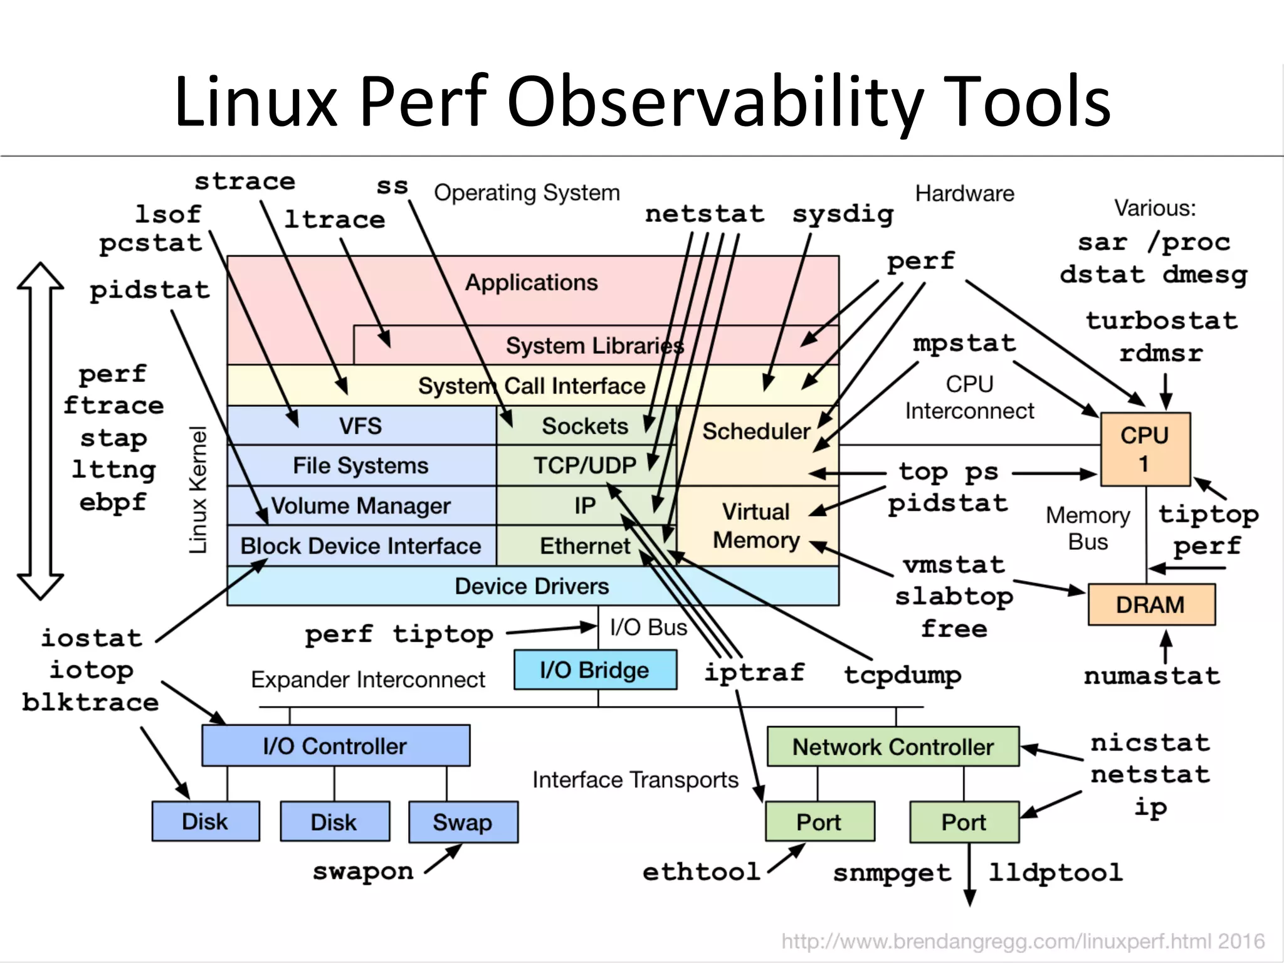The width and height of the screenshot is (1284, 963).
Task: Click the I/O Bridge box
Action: tap(594, 670)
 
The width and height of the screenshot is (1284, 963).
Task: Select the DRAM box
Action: tap(1150, 605)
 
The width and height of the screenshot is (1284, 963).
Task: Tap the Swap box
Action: tap(463, 822)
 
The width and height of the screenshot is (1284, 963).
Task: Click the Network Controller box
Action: tap(893, 747)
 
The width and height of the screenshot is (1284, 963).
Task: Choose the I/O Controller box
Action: tap(335, 746)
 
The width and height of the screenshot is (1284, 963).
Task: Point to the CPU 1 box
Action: tap(1145, 449)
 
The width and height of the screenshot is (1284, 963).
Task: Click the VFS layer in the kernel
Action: tap(360, 426)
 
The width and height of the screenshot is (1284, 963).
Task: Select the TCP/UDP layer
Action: tap(584, 465)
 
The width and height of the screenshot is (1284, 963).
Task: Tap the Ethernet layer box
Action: tap(584, 546)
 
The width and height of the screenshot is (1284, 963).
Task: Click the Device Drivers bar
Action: tap(532, 586)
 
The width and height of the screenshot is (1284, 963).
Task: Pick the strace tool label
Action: tap(245, 182)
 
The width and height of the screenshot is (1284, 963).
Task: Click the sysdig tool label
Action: tap(843, 214)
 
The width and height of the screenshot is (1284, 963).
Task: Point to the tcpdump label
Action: tap(902, 675)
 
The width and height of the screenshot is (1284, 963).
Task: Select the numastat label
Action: tap(1152, 676)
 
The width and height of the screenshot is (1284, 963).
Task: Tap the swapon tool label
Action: tap(363, 871)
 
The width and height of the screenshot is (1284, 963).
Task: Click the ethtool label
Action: tap(701, 872)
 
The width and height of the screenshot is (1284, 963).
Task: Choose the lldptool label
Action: tap(1056, 873)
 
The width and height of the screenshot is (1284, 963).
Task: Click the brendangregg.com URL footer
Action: tap(1023, 941)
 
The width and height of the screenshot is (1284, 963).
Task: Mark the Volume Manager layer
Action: tap(360, 506)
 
